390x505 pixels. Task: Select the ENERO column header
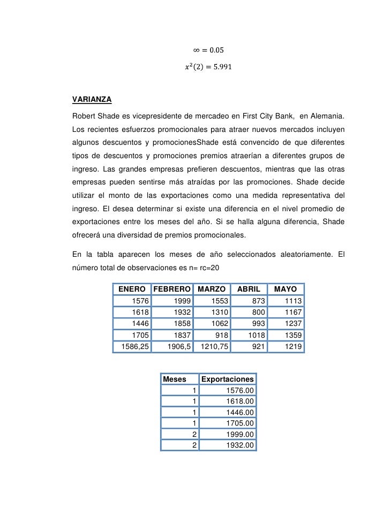tap(132, 289)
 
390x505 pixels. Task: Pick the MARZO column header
tap(212, 289)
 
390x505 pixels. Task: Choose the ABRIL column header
tap(249, 289)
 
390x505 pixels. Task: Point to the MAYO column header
tap(286, 289)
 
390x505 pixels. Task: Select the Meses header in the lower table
tap(174, 379)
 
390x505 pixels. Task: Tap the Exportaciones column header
tap(227, 379)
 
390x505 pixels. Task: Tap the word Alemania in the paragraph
tap(327, 116)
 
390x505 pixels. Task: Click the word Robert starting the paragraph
tap(84, 116)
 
